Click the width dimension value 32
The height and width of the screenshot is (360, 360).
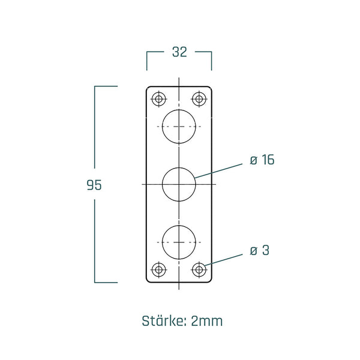tap(179, 52)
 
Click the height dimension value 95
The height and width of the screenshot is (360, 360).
tap(94, 185)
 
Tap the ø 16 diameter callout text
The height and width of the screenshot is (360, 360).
tap(262, 160)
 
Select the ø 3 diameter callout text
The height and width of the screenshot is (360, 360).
tap(259, 250)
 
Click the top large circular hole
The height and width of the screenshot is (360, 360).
tap(179, 127)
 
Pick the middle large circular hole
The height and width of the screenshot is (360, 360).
tap(179, 184)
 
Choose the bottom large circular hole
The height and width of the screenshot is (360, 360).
tap(179, 242)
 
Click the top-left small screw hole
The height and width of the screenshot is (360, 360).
tap(159, 98)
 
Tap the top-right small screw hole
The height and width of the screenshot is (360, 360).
tap(199, 98)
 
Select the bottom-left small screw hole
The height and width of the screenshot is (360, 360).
tap(159, 270)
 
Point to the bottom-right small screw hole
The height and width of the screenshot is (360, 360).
tap(199, 270)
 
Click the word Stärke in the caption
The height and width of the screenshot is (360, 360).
tap(164, 320)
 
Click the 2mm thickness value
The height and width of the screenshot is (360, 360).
tap(207, 320)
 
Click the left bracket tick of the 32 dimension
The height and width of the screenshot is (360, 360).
tap(148, 59)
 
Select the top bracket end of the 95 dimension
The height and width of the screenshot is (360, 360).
tap(106, 86)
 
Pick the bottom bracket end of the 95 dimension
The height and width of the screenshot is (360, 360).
tap(106, 281)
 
